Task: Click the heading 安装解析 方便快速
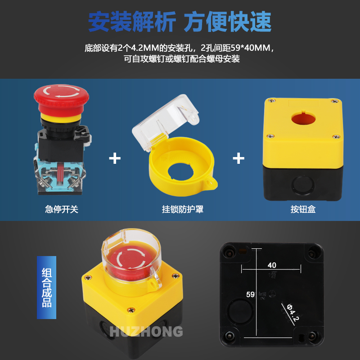[180, 21]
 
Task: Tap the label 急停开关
[62, 209]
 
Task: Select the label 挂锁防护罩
[176, 209]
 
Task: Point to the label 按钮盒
[303, 209]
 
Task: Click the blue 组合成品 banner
[46, 287]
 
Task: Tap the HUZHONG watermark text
[146, 332]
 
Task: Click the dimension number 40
[272, 265]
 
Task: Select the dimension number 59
[250, 295]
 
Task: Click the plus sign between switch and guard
[115, 158]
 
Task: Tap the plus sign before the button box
[238, 158]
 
